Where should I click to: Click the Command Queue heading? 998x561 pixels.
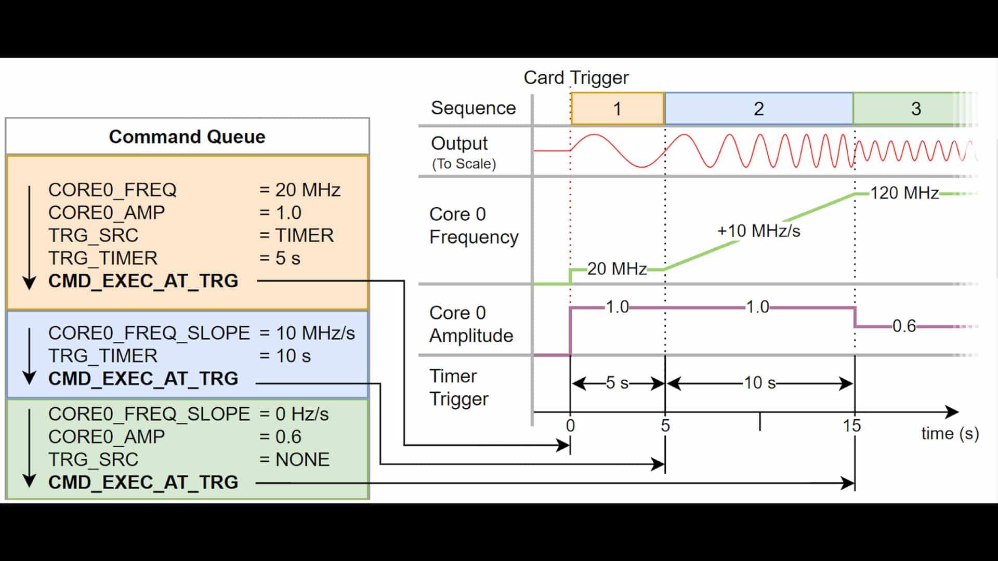[187, 137]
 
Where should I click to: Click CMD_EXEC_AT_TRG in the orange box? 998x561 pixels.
[143, 281]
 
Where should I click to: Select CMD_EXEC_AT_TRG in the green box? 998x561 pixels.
[143, 483]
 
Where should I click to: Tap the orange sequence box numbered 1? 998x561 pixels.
[618, 109]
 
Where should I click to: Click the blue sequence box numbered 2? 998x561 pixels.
[759, 109]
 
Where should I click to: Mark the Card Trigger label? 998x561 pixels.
[576, 78]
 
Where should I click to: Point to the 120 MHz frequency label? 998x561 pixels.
[904, 193]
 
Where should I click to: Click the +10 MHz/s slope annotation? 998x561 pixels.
[758, 231]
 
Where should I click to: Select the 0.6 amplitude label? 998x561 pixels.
[904, 326]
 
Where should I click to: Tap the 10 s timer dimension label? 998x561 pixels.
[759, 383]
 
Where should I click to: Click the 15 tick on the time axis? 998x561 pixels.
[852, 426]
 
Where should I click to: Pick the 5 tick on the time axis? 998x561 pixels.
[665, 426]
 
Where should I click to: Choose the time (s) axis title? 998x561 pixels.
[950, 434]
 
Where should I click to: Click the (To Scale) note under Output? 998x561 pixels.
[464, 164]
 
